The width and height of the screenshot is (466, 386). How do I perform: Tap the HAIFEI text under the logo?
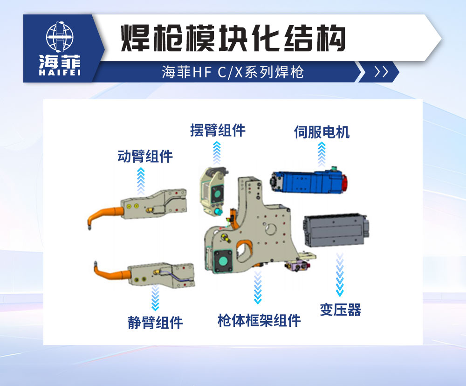pos(60,72)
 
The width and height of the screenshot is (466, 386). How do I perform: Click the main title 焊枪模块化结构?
pos(233,39)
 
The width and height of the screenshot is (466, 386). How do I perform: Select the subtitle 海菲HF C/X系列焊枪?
pos(233,72)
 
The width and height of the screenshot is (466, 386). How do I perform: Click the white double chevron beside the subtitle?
pos(381,72)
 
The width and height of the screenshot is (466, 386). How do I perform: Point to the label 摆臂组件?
pos(218,130)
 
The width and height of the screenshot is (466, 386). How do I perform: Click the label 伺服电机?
pos(322,132)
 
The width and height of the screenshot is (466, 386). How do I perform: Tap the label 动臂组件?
pos(145,156)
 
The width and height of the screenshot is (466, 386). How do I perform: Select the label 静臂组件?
pos(156,323)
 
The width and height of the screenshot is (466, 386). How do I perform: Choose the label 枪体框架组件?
pos(259,320)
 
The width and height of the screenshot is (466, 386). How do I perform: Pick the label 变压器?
pos(340,310)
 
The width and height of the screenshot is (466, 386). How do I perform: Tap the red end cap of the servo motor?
pos(344,184)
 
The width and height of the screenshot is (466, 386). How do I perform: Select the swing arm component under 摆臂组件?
pos(213,191)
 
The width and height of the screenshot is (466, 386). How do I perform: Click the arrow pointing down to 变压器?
pos(340,275)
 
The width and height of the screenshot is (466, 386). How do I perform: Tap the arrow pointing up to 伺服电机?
pos(322,154)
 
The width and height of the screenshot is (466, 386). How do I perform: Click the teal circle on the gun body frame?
pos(223,262)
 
